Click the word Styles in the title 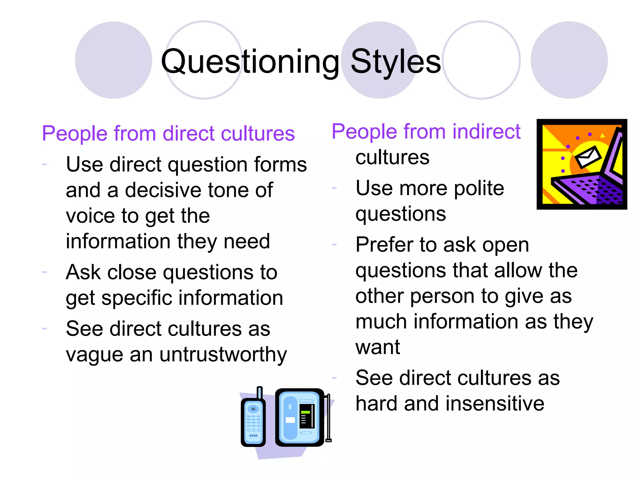click(x=396, y=62)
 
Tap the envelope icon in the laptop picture click(x=588, y=157)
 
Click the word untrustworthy click(x=223, y=355)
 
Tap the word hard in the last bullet click(x=377, y=403)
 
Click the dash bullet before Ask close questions click(x=44, y=272)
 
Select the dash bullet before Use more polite click(x=334, y=188)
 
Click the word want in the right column click(x=377, y=347)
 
